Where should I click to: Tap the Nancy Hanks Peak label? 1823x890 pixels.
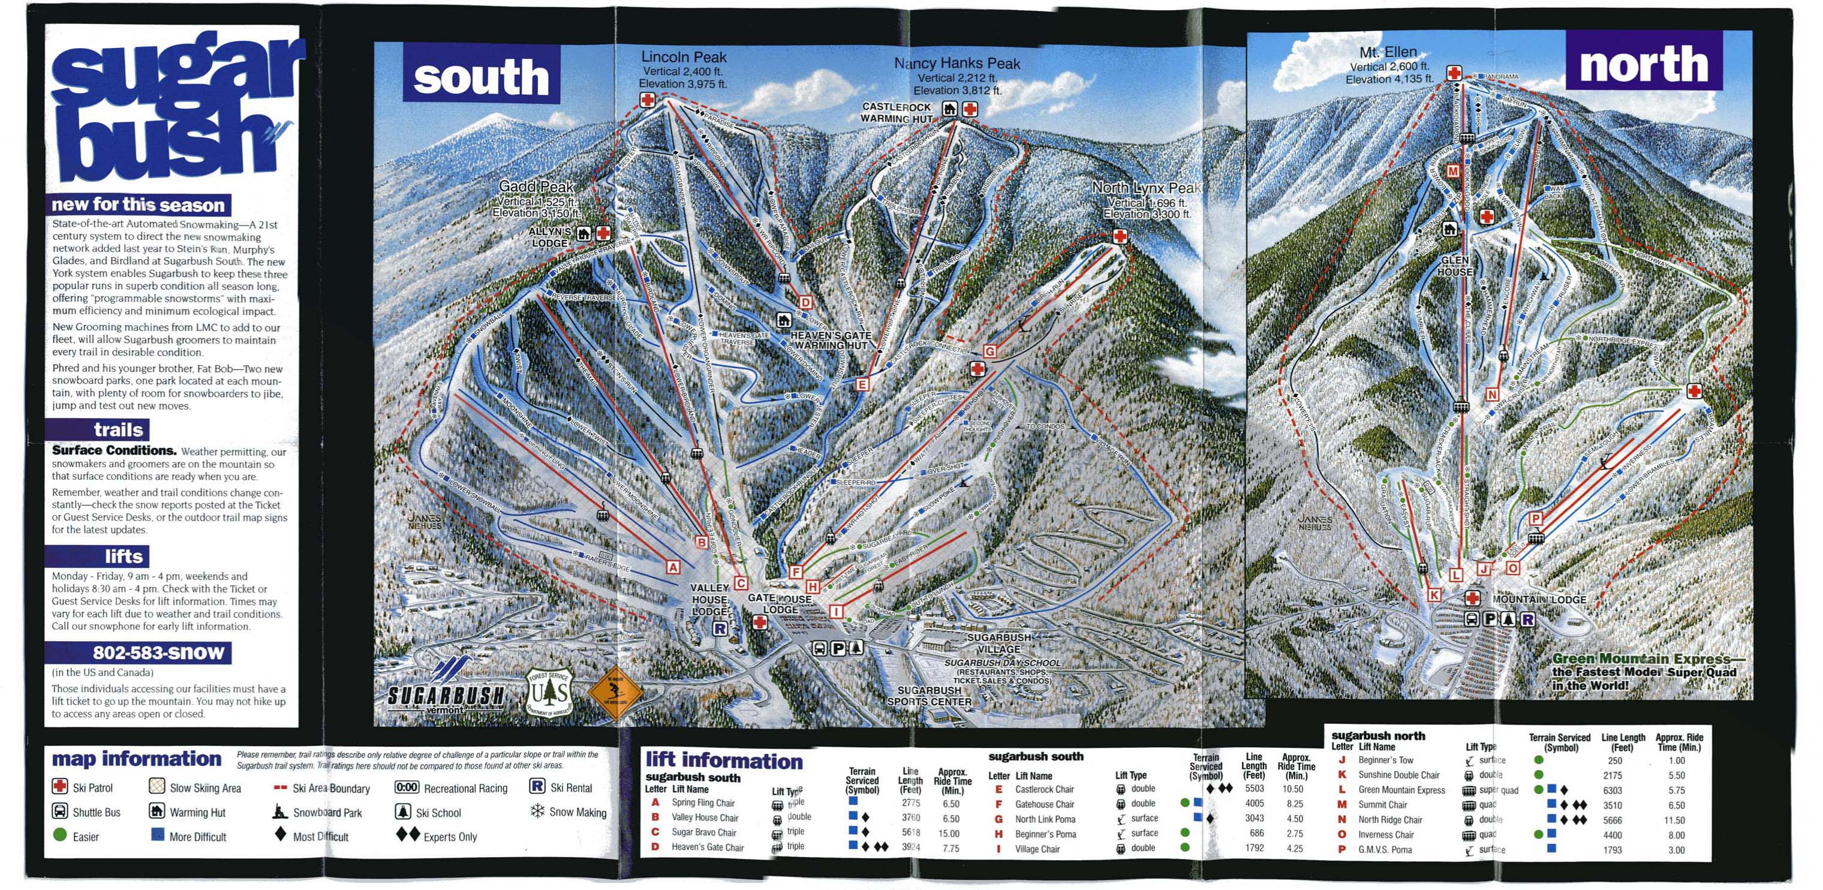(957, 64)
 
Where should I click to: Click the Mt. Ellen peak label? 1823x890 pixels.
(1388, 52)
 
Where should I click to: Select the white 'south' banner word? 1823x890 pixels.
(481, 77)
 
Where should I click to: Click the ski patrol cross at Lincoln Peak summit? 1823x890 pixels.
(648, 100)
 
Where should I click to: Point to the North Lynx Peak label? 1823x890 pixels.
(1146, 188)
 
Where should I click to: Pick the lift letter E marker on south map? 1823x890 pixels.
(862, 384)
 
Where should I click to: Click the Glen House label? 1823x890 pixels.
(1455, 266)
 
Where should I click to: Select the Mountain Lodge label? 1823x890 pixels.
(1539, 599)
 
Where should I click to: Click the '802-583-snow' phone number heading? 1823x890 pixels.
(158, 652)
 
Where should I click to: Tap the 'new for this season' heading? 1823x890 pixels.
(138, 205)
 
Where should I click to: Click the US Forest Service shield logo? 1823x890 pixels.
(549, 693)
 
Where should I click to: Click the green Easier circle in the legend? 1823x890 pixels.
(60, 835)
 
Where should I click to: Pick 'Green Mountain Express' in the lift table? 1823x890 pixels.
(1401, 790)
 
